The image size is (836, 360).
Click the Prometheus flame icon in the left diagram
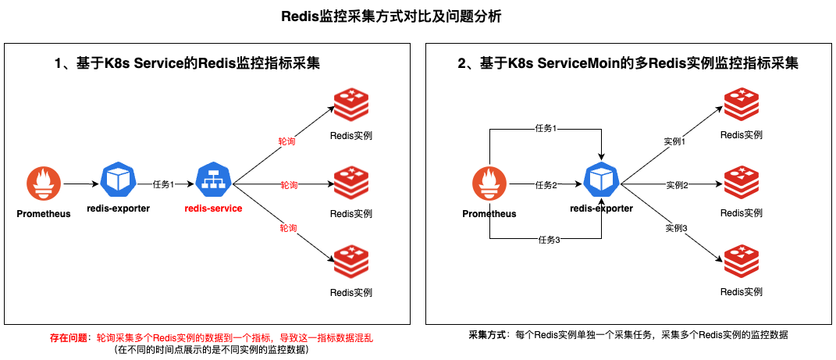click(x=43, y=184)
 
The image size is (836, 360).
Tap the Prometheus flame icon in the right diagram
click(x=489, y=184)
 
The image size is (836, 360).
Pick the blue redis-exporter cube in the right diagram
click(x=601, y=182)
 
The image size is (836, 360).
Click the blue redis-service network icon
click(x=212, y=182)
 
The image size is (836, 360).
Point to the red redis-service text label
click(x=213, y=209)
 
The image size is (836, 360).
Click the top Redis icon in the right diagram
click(x=741, y=105)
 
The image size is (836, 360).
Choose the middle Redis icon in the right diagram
click(x=741, y=184)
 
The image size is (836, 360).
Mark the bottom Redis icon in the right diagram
click(x=741, y=262)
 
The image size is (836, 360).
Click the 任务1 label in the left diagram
click(x=163, y=184)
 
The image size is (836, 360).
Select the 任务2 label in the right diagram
click(x=546, y=185)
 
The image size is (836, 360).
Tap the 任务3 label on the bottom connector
click(x=549, y=239)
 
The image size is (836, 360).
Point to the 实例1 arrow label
click(x=674, y=141)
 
